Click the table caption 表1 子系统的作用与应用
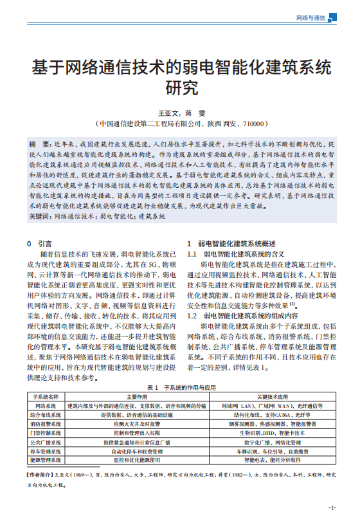[181, 387]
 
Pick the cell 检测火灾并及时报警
[137, 425]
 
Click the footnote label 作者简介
[40, 475]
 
